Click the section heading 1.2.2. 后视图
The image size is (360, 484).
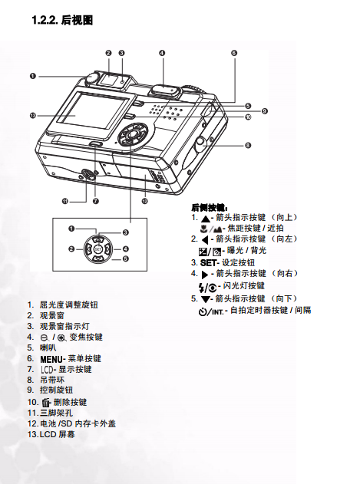point(62,20)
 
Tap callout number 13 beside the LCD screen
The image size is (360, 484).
point(33,116)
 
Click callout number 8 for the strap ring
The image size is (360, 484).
point(248,146)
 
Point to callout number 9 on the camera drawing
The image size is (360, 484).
point(265,111)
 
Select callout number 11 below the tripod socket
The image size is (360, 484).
point(65,202)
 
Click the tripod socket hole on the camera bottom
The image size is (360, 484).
point(88,175)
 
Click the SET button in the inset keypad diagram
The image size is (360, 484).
point(98,249)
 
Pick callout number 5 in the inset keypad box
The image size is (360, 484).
point(125,258)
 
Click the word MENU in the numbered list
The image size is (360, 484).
point(51,359)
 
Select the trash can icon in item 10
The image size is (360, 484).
point(46,403)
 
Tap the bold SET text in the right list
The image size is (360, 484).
point(208,263)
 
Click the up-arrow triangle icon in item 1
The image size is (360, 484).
point(206,219)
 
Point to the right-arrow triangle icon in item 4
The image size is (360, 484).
point(205,275)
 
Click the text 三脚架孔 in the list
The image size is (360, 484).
point(57,413)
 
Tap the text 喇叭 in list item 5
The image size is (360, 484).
point(48,348)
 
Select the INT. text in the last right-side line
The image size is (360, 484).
point(217,311)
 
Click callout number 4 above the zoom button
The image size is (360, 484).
point(162,53)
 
